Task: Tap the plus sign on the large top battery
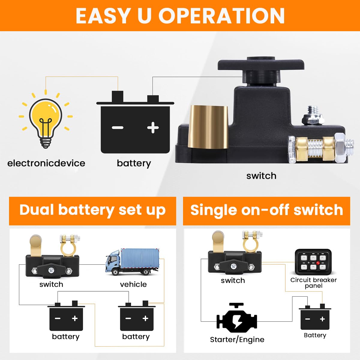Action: pyautogui.click(x=153, y=127)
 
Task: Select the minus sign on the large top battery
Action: pyautogui.click(x=118, y=128)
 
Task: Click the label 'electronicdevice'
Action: pyautogui.click(x=46, y=163)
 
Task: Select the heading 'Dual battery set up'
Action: pyautogui.click(x=92, y=210)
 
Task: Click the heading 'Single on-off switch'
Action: pyautogui.click(x=266, y=210)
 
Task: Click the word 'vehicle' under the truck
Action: pyautogui.click(x=133, y=284)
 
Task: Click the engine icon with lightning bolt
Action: pyautogui.click(x=237, y=320)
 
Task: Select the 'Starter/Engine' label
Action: pyautogui.click(x=237, y=340)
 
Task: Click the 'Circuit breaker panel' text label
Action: pyautogui.click(x=313, y=283)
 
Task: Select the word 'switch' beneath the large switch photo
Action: pyautogui.click(x=261, y=176)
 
